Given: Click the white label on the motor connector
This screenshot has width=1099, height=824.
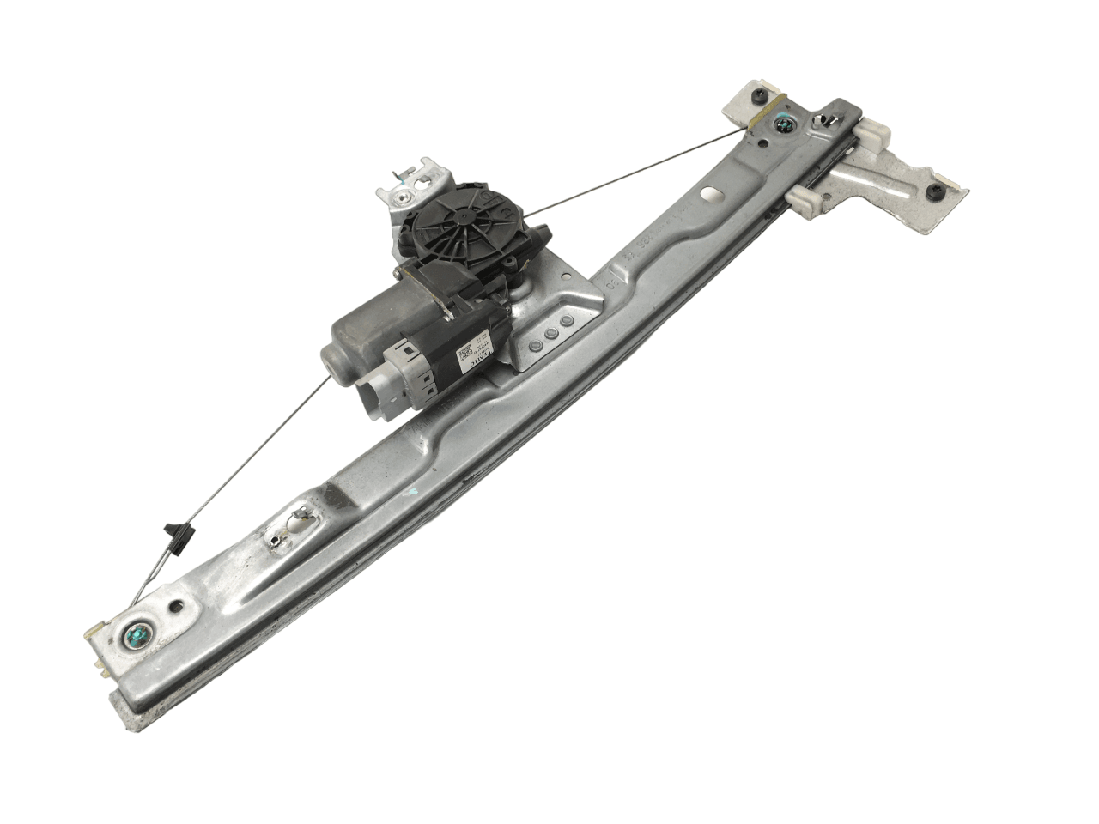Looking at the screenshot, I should click(x=475, y=359).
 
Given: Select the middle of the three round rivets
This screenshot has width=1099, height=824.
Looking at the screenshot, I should click(x=551, y=336).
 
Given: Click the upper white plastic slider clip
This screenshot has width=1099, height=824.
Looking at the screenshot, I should click(x=871, y=136).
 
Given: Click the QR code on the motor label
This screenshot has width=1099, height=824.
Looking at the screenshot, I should click(x=464, y=354).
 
